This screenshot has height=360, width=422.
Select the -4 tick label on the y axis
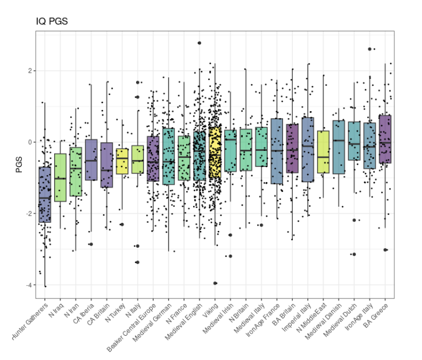click(x=28, y=285)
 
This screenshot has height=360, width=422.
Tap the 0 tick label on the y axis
click(x=29, y=142)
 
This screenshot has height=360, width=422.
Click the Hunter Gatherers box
click(x=44, y=195)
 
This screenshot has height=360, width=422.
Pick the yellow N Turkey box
click(x=122, y=161)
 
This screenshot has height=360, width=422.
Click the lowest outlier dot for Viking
click(x=215, y=283)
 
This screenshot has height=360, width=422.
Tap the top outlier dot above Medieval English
click(x=199, y=43)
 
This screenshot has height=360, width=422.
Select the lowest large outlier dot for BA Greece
click(x=385, y=249)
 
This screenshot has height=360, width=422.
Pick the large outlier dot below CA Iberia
click(x=91, y=244)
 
